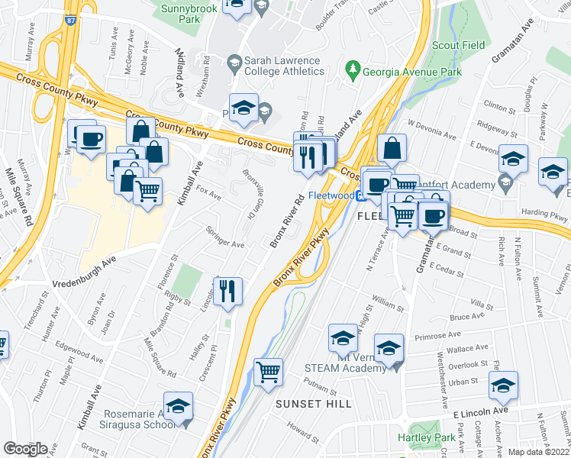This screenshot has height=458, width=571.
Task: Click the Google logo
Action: (25, 449)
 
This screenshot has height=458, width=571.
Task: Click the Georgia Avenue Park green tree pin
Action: (353, 72)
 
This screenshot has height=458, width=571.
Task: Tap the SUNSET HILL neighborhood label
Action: (314, 403)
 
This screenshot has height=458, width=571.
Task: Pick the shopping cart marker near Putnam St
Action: (268, 372)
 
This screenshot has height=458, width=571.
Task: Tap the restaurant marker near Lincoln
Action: (227, 290)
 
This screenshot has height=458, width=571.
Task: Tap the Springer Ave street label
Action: (225, 237)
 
